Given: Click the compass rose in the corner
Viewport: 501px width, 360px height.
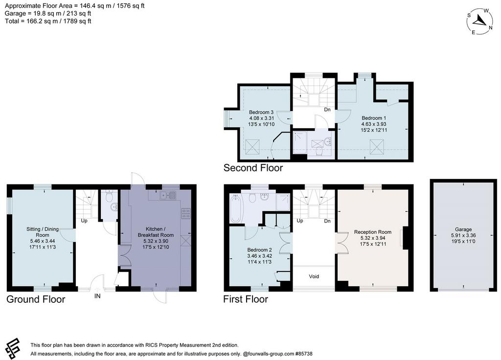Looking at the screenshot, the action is (479, 22).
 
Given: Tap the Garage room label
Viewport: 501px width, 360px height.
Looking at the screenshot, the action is (463, 229).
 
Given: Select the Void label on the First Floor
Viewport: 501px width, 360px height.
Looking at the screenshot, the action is (314, 276).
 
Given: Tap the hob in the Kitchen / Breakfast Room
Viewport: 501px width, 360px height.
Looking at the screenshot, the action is (186, 213).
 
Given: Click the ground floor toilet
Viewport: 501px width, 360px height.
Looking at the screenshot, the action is (110, 196).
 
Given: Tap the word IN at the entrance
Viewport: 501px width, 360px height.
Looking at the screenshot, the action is (97, 296).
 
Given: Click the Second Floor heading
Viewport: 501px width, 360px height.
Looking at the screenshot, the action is (253, 168).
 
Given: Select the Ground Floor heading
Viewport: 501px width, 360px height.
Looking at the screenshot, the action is (36, 299).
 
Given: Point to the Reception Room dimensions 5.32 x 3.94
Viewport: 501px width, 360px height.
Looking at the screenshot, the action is (373, 238).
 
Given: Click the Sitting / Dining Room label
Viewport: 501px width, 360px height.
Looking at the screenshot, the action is (43, 232).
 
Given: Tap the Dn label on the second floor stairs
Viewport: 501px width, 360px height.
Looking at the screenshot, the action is (327, 110).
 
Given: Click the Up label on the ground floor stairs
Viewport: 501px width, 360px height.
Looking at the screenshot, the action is (84, 221).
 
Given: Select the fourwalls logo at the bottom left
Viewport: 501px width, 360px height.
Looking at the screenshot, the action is (13, 349).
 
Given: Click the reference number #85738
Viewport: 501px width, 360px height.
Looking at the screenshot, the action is (304, 354).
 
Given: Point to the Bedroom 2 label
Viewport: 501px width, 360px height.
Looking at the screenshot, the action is (259, 250).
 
